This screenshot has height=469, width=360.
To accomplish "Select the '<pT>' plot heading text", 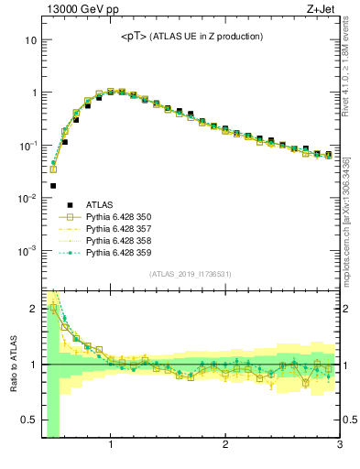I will tap(136, 37).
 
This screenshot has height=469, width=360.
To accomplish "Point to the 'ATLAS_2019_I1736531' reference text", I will tap(191, 274).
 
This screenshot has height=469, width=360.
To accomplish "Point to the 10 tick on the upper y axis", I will tap(30, 40).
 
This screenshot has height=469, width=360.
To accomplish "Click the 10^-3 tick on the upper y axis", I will tap(27, 250).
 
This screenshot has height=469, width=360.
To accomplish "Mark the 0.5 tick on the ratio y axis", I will tap(29, 420).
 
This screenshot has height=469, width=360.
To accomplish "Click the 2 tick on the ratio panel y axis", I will tap(34, 309).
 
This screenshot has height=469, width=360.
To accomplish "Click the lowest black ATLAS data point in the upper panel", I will tap(53, 185).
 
